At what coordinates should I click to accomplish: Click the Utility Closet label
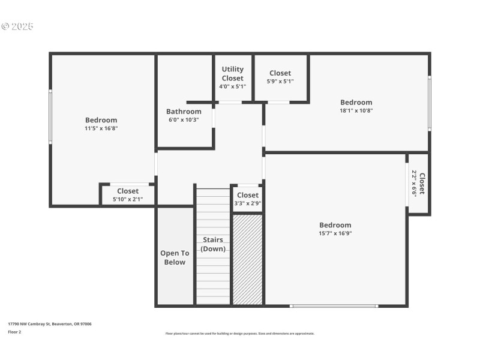[x=233, y=74]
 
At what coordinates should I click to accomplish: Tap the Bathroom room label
[x=184, y=112]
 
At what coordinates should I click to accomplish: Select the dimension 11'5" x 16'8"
[x=101, y=128]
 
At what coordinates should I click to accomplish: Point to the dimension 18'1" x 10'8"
[x=356, y=110]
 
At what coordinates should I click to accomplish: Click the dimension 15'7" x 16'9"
[x=335, y=233]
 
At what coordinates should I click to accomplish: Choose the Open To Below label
[x=175, y=257]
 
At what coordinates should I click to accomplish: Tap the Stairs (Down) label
[x=213, y=244]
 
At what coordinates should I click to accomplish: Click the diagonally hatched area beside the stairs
[x=247, y=259]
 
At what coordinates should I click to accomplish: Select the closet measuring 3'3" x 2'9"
[x=247, y=199]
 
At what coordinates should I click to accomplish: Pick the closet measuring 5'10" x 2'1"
[x=127, y=195]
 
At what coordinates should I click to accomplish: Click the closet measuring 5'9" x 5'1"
[x=280, y=77]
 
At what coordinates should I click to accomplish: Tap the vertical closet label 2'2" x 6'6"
[x=418, y=183]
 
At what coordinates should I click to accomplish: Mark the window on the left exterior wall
[x=50, y=116]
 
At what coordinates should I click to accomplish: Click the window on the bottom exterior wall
[x=334, y=306]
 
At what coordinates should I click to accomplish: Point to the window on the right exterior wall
[x=429, y=103]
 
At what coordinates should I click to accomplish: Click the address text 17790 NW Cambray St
[x=50, y=324]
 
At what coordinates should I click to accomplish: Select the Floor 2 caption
[x=14, y=332]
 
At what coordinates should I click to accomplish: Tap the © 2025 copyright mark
[x=17, y=26]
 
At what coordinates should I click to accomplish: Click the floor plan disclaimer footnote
[x=240, y=334]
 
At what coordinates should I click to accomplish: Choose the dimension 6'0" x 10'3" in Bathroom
[x=184, y=119]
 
